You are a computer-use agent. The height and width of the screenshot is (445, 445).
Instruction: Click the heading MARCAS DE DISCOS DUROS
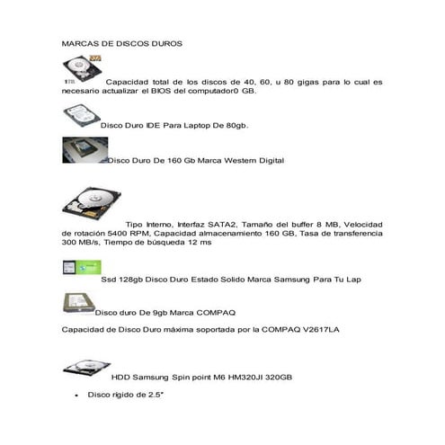(x=120, y=43)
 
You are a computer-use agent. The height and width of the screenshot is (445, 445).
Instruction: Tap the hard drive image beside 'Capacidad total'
(x=82, y=67)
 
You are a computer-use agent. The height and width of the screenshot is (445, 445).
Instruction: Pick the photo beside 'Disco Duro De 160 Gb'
(x=83, y=150)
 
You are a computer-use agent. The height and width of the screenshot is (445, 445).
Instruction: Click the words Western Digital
(x=251, y=161)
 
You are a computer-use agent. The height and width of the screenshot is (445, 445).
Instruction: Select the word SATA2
(x=221, y=224)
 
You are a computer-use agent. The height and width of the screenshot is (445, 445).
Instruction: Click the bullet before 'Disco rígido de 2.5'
(x=77, y=395)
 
